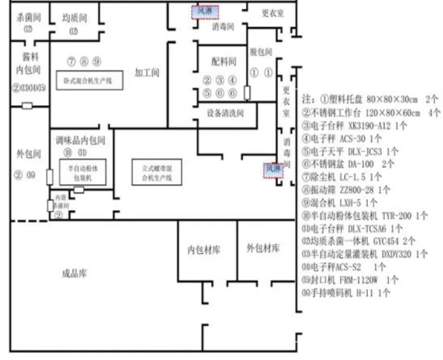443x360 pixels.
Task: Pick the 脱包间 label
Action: pyautogui.click(x=261, y=52)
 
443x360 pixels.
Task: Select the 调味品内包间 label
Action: pyautogui.click(x=81, y=141)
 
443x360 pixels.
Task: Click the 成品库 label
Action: pyautogui.click(x=74, y=273)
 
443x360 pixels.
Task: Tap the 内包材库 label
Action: pyautogui.click(x=204, y=250)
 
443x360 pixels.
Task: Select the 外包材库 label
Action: pyautogui.click(x=263, y=248)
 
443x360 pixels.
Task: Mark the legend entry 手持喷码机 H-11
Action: pyautogui.click(x=346, y=293)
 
